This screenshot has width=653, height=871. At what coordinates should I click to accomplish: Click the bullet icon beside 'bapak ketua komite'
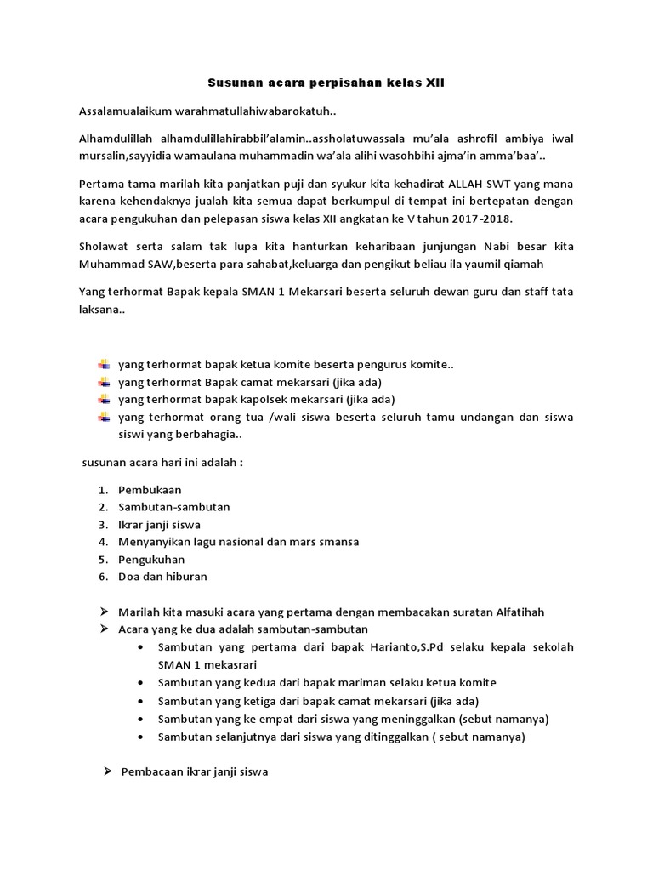[105, 364]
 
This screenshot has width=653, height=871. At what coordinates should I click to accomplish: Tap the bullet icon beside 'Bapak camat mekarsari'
[105, 381]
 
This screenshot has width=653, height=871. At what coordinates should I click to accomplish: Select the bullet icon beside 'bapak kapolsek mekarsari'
[105, 399]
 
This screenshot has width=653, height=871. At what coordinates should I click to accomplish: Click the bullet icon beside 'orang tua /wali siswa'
[105, 417]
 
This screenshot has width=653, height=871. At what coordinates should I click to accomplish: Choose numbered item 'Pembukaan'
[149, 490]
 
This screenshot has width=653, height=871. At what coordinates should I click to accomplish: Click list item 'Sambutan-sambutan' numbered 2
[173, 507]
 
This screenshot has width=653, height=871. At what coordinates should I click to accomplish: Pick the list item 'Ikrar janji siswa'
[159, 524]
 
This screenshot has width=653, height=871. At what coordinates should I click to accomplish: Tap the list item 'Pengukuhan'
[150, 559]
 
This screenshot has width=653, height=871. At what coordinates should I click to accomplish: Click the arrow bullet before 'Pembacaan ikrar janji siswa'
[107, 771]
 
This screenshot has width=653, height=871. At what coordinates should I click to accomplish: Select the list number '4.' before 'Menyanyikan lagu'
[102, 542]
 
